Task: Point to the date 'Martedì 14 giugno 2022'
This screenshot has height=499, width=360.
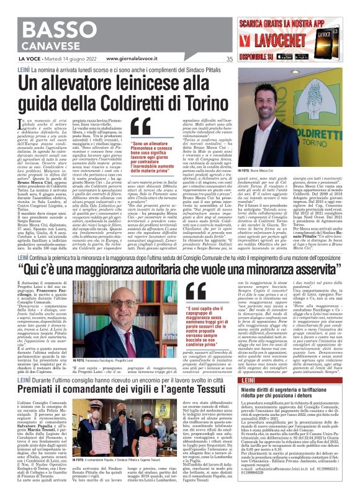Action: click(x=65, y=59)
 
